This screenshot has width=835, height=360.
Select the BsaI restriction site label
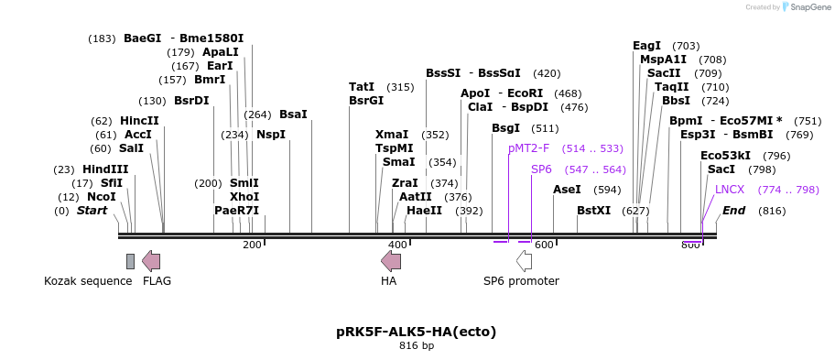click(293, 114)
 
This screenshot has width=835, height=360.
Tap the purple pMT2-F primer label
click(529, 147)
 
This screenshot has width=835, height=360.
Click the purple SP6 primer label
click(541, 169)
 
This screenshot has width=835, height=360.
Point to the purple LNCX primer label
click(730, 189)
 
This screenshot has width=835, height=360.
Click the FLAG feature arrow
click(151, 261)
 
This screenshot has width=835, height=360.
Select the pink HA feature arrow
click(391, 261)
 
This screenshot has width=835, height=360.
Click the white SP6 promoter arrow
click(524, 261)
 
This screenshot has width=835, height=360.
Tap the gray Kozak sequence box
click(131, 261)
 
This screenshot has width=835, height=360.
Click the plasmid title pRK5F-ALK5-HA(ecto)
click(417, 331)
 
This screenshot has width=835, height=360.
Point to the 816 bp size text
click(417, 346)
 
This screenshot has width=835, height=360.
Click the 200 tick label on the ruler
click(252, 245)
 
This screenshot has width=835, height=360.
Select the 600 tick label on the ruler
click(544, 245)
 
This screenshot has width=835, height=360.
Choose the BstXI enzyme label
click(593, 210)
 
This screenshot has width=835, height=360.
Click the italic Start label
click(92, 210)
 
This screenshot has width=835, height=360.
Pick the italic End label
click(733, 210)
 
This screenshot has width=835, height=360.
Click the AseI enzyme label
click(568, 189)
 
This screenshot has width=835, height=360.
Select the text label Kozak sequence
click(88, 280)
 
